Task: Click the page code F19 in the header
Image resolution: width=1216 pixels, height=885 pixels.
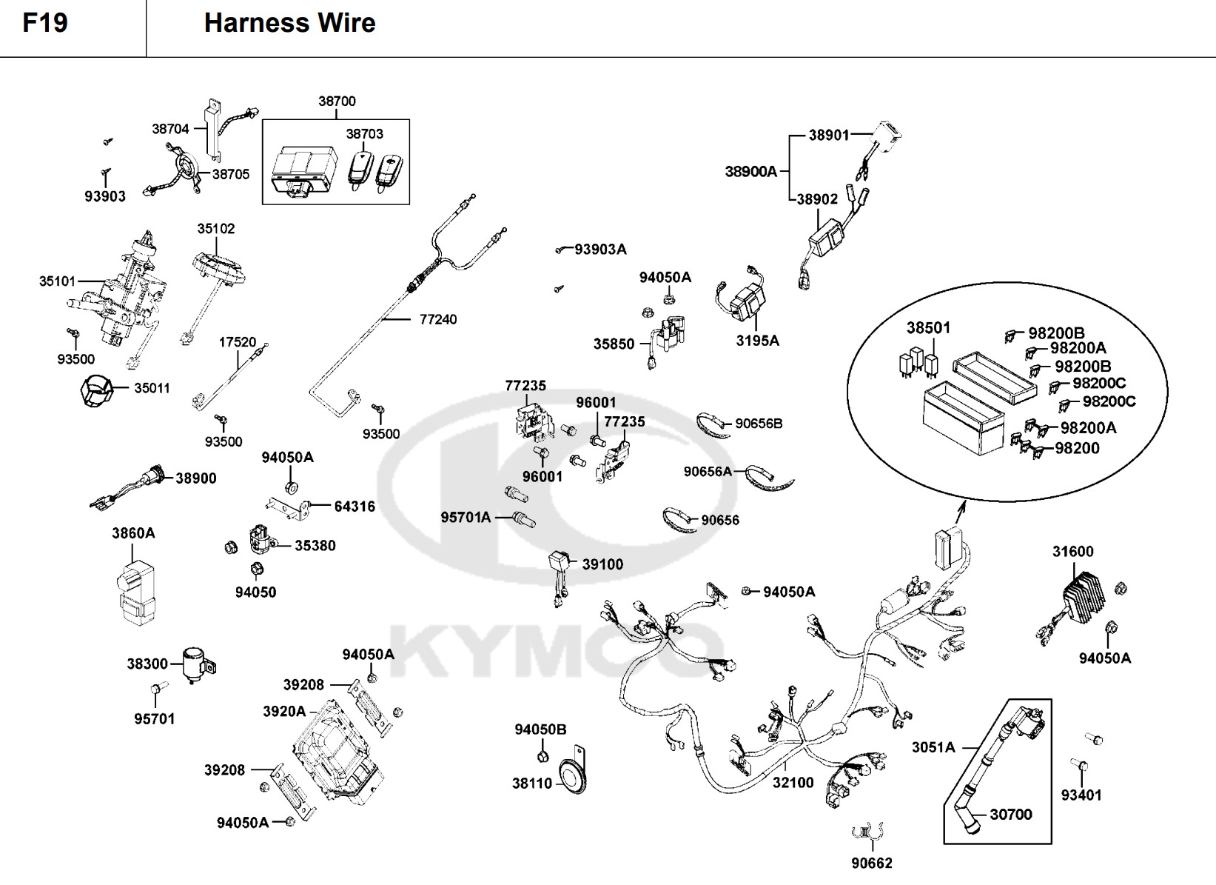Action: click(45, 23)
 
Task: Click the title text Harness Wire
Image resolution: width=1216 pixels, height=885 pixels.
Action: click(289, 23)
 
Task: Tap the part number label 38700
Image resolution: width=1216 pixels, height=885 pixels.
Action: click(337, 101)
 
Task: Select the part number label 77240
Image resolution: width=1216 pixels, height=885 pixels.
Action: click(438, 319)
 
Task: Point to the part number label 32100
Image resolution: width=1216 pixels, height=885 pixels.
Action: click(793, 783)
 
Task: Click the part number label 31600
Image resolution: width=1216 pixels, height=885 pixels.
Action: click(1072, 551)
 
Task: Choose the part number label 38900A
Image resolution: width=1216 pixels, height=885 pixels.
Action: click(750, 172)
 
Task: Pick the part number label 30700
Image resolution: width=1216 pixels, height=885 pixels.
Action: click(1010, 815)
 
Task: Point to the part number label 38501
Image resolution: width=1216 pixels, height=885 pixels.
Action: click(928, 327)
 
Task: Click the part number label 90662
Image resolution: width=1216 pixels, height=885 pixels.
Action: click(872, 863)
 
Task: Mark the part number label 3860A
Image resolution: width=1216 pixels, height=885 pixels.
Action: click(133, 533)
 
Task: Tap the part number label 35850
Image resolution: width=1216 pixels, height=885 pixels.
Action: click(614, 344)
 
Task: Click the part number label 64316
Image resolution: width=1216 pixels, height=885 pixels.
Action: click(355, 507)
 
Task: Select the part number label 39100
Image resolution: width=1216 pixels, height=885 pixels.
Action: click(602, 564)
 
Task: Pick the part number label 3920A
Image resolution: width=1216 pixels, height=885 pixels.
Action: click(284, 711)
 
